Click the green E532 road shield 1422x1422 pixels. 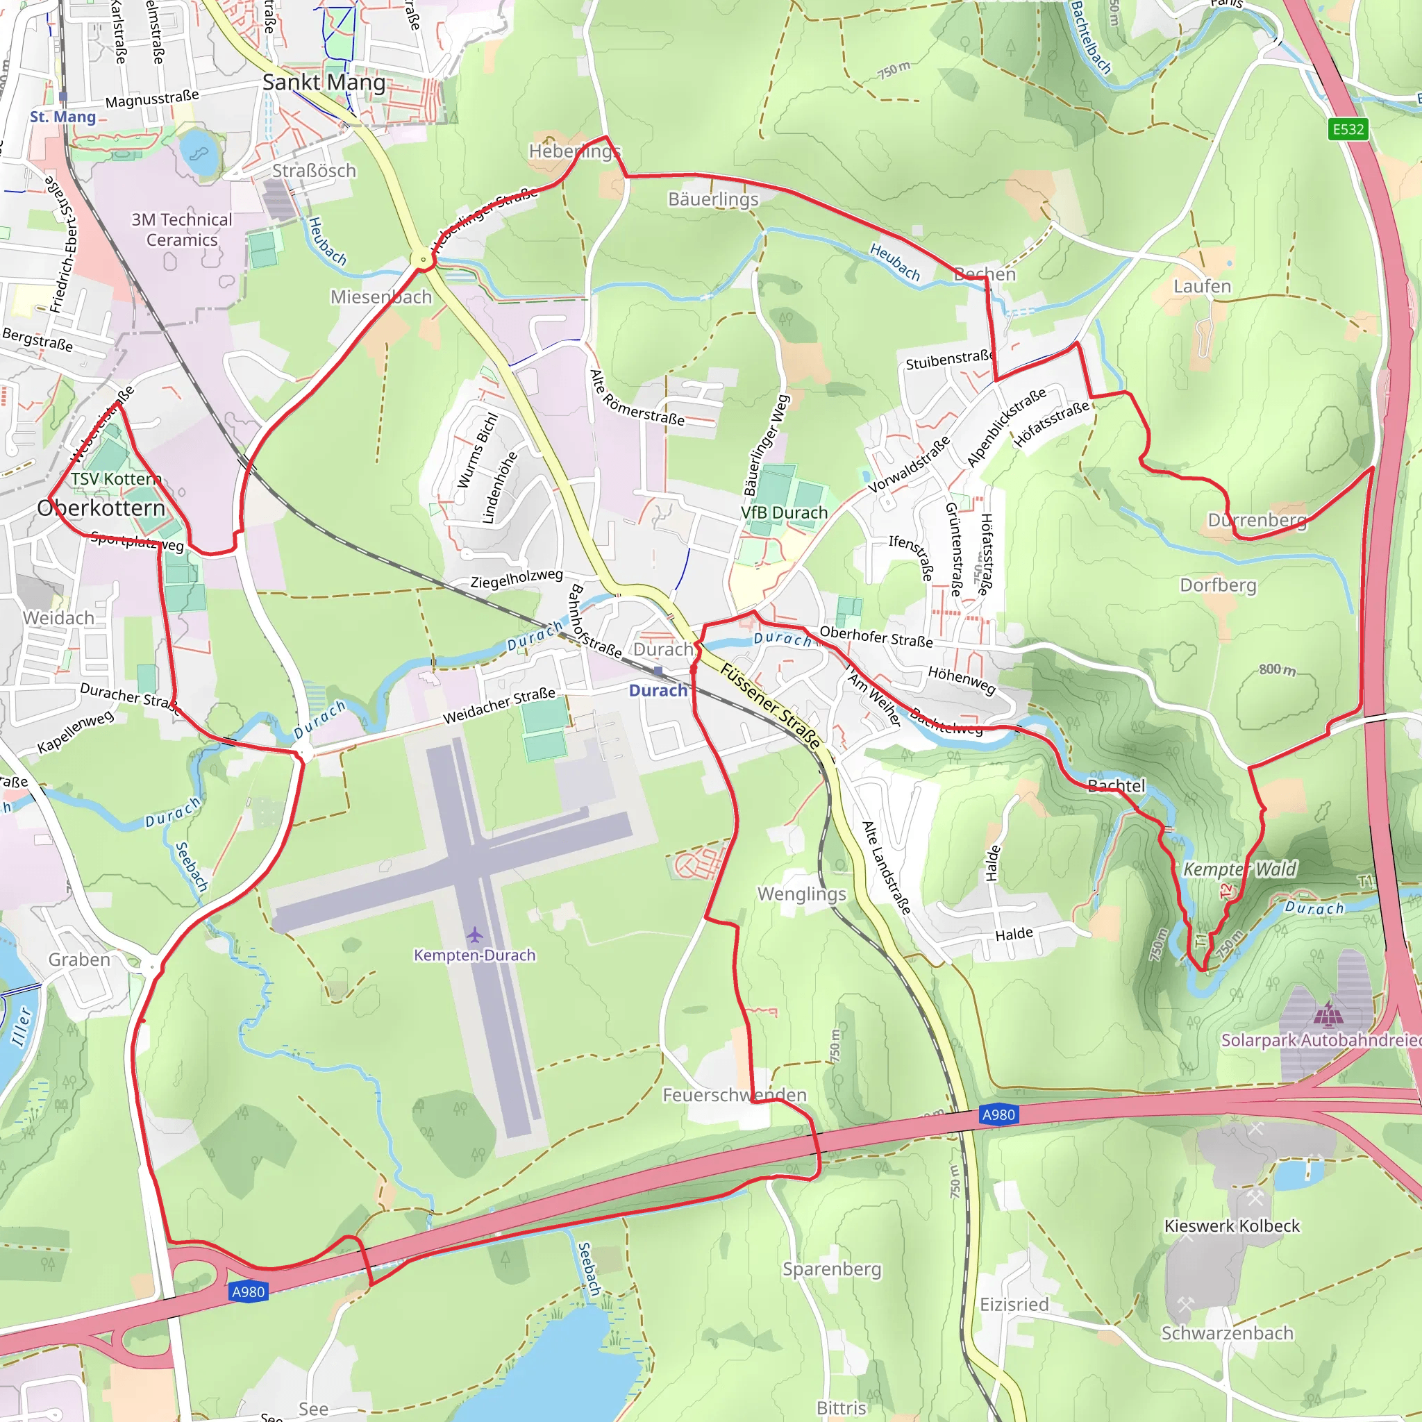coord(1348,130)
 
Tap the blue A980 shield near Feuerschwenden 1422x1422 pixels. coord(998,1114)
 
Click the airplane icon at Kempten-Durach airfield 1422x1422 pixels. coord(475,935)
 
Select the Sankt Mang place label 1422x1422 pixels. coord(324,83)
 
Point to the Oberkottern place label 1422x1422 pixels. coord(101,508)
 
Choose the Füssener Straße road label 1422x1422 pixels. coord(770,705)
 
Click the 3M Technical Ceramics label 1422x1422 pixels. coord(182,230)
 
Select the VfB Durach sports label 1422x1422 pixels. coord(784,512)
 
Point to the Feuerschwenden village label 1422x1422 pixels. coord(735,1094)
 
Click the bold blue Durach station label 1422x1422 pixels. coord(658,690)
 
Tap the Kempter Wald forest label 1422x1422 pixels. coord(1240,869)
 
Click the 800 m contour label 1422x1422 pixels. coord(1277,669)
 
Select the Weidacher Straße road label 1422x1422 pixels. coord(499,705)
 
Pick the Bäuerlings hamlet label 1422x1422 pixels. coord(713,199)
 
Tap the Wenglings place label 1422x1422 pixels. coord(801,894)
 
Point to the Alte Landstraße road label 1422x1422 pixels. coord(886,867)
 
